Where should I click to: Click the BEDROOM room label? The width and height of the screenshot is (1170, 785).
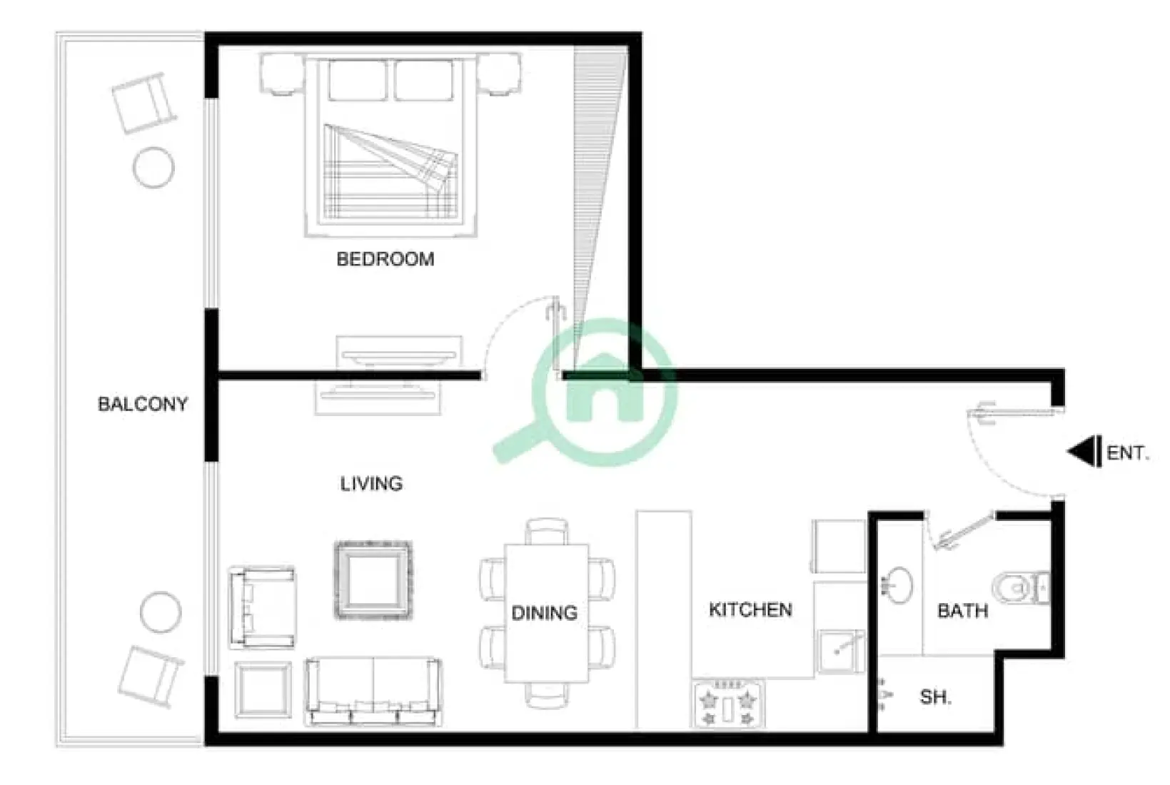click(x=385, y=259)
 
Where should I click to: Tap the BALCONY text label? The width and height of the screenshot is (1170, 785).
click(x=143, y=405)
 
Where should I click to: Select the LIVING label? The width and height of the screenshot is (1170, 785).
click(x=371, y=484)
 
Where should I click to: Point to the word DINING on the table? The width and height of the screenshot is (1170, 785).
click(x=545, y=613)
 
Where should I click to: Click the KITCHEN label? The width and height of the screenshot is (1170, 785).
click(x=750, y=610)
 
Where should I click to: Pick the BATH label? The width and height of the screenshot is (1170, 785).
click(x=962, y=611)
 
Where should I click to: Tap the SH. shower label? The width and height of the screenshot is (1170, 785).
click(x=935, y=697)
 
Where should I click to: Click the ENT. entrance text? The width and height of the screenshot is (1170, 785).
click(x=1127, y=453)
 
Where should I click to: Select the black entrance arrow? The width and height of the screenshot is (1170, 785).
click(x=1084, y=452)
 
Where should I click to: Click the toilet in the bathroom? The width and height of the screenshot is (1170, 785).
click(x=1024, y=587)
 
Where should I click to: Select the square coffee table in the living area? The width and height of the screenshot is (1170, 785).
click(x=373, y=580)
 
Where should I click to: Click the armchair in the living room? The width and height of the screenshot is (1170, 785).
click(x=261, y=608)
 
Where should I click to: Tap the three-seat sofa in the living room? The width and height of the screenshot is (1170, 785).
click(x=373, y=692)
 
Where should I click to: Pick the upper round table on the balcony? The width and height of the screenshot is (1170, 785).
click(x=153, y=168)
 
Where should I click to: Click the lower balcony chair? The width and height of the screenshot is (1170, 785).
click(x=150, y=676)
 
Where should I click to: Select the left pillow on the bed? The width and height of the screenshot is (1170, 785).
click(x=358, y=80)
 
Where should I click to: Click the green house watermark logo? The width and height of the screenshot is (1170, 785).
click(x=603, y=391)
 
